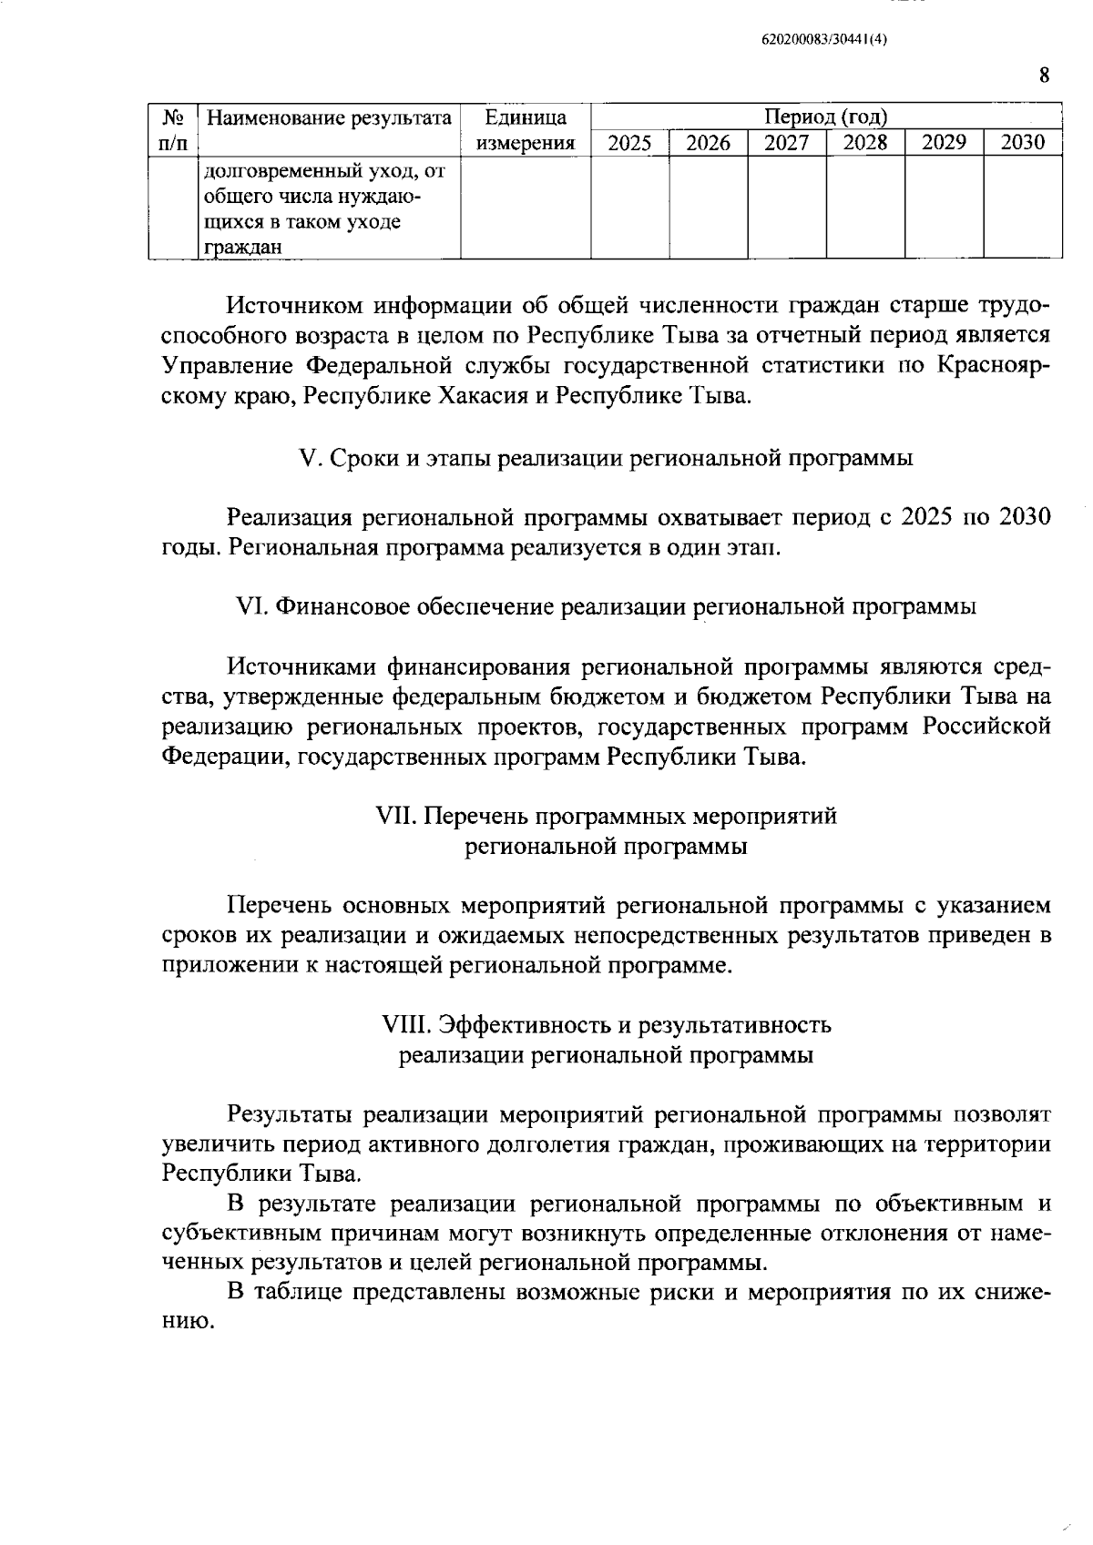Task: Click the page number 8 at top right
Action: click(x=1044, y=75)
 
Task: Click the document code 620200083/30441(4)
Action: click(x=823, y=40)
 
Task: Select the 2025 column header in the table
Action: click(x=629, y=143)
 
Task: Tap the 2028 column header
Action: click(x=865, y=143)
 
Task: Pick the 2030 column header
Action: click(x=1022, y=143)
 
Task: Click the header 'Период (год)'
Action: click(x=826, y=117)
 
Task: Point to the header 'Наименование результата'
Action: click(x=329, y=118)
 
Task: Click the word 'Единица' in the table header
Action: click(x=526, y=118)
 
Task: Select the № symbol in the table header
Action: click(x=173, y=118)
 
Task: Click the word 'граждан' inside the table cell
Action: click(x=230, y=247)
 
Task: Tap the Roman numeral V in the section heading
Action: click(x=307, y=459)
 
